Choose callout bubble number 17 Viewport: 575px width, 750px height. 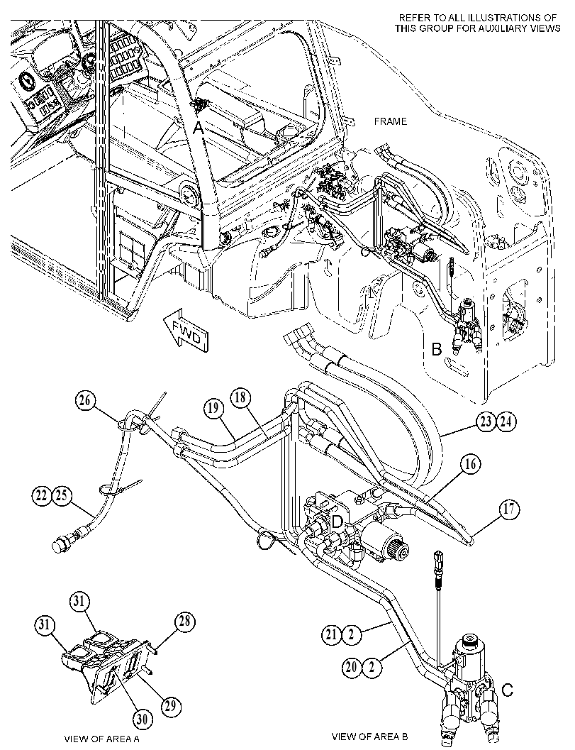pos(510,509)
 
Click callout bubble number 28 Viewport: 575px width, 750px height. pos(184,622)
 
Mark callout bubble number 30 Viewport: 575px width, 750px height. pos(142,719)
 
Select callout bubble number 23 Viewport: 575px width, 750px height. pos(486,422)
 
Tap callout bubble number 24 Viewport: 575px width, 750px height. pos(507,422)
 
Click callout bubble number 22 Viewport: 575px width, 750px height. pos(42,495)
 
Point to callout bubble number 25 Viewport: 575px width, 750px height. pos(62,495)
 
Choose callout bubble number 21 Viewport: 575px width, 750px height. pos(331,635)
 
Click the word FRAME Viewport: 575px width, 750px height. pos(391,122)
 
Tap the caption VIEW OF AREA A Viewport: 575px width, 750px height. pos(102,739)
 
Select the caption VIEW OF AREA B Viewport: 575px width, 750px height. pos(370,736)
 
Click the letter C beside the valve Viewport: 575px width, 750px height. pos(508,690)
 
